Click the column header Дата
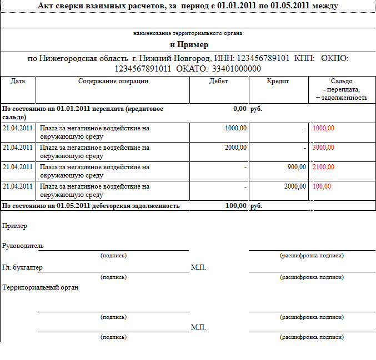pyautogui.click(x=18, y=81)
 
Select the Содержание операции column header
pyautogui.click(x=113, y=81)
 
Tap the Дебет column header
pyautogui.click(x=219, y=81)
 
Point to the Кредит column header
pyautogui.click(x=278, y=81)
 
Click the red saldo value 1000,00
pyautogui.click(x=324, y=128)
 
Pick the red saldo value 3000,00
pyautogui.click(x=324, y=148)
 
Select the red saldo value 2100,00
pyautogui.click(x=324, y=167)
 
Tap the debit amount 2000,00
pyautogui.click(x=235, y=148)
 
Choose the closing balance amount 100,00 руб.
pyautogui.click(x=235, y=206)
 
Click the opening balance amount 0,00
pyautogui.click(x=240, y=109)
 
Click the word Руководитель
pyautogui.click(x=23, y=246)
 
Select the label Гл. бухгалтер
pyautogui.click(x=22, y=267)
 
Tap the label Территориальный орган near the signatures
pyautogui.click(x=41, y=287)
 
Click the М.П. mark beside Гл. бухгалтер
pyautogui.click(x=198, y=267)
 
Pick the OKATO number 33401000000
pyautogui.click(x=233, y=69)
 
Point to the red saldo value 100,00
pyautogui.click(x=322, y=186)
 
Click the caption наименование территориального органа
pyautogui.click(x=188, y=33)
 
